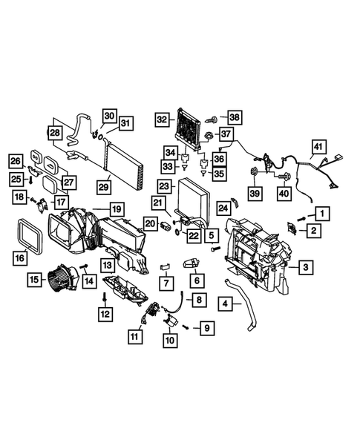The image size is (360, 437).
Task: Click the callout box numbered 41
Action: point(318,146)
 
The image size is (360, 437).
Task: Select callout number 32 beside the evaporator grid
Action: point(163,119)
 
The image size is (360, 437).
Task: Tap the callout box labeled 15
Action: point(35,280)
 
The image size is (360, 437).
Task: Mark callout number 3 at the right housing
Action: point(305,266)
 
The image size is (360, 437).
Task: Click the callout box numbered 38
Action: point(235,117)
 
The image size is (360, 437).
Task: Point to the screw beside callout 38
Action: point(212,119)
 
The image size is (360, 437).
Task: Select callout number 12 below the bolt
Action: point(104,315)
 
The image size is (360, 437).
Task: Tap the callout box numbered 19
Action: point(117,210)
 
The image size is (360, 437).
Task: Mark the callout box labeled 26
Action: point(16,161)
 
